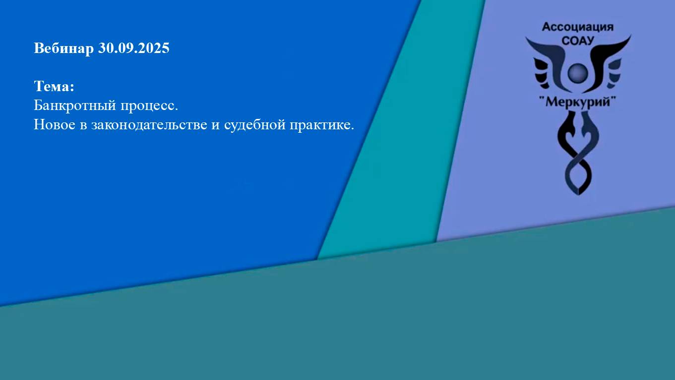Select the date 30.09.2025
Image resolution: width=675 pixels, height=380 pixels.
click(x=134, y=49)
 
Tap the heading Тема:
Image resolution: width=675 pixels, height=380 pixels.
click(x=54, y=87)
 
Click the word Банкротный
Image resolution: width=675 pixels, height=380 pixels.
click(x=73, y=106)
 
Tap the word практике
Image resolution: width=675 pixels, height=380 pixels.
click(x=322, y=125)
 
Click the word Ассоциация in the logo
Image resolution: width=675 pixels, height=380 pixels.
click(x=578, y=27)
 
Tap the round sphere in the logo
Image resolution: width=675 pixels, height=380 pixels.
click(x=578, y=73)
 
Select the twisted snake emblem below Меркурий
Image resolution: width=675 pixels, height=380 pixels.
click(x=578, y=149)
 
